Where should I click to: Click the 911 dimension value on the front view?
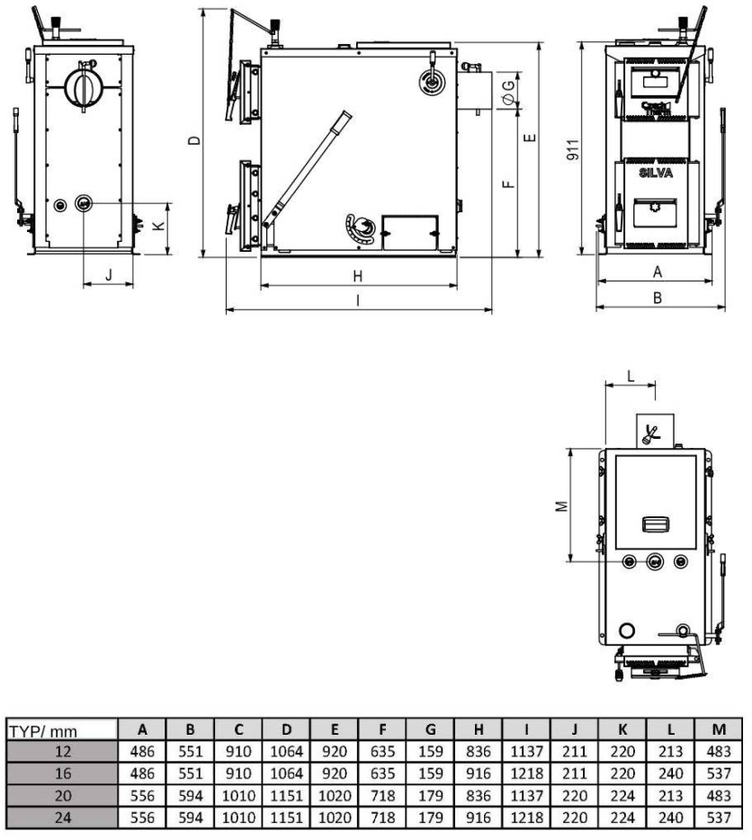573,149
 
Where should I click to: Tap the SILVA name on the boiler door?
656,173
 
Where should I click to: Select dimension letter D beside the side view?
194,140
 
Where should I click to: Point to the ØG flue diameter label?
508,92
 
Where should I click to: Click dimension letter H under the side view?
357,276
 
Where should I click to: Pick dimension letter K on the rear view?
159,226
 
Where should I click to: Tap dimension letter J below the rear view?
109,275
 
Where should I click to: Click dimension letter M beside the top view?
561,505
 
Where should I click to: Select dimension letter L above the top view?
631,376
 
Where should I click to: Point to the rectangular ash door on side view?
410,233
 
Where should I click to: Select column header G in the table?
430,729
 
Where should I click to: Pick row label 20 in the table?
63,796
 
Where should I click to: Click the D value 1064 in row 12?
286,752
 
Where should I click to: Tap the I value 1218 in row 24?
526,818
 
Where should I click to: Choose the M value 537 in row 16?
719,773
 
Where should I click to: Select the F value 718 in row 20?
382,796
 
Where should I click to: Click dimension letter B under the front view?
658,298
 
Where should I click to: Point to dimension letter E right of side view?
530,138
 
